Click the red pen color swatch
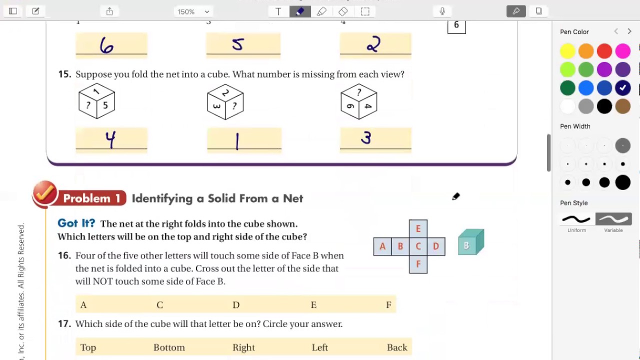604,51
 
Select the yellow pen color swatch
567,51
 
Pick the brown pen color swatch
623,106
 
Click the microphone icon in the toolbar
442,11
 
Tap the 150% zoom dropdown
193,11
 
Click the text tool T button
278,11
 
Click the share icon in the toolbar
109,11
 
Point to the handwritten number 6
106,45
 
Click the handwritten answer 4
110,139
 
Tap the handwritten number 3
366,137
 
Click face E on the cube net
418,228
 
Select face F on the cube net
418,264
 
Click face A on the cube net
382,246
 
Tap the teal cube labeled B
471,242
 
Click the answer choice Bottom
169,347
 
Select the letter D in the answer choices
236,305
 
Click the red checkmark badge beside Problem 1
45,193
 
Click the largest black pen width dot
623,182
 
